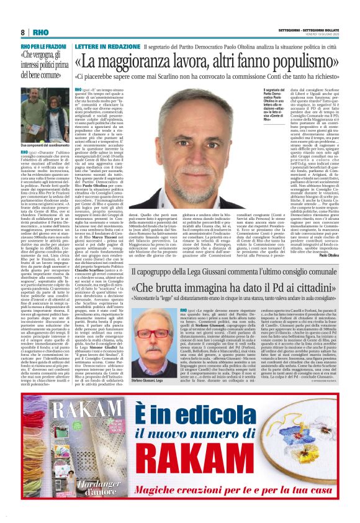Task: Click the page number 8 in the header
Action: click(x=23, y=33)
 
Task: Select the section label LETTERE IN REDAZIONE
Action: click(x=104, y=47)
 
